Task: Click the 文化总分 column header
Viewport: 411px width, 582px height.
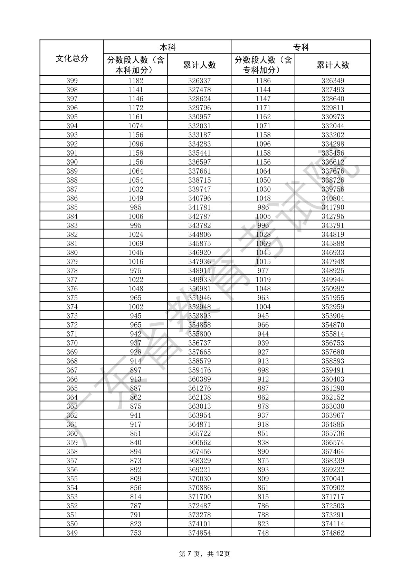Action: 72,58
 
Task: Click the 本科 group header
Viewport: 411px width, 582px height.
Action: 168,47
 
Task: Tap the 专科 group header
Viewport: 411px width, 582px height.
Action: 301,47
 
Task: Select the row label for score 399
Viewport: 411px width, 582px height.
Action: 72,81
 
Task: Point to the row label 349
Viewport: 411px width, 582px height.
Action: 72,533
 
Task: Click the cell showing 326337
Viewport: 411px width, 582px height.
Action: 199,81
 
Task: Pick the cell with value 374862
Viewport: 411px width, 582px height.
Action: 333,533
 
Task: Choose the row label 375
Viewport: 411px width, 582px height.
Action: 72,298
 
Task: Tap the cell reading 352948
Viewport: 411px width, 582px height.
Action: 199,307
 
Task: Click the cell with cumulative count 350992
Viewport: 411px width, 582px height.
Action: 333,289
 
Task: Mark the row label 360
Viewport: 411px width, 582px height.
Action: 72,434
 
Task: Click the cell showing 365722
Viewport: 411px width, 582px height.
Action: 199,434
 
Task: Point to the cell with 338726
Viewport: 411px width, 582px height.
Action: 333,180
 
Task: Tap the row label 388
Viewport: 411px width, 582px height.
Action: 72,180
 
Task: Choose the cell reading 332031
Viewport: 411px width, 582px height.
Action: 199,126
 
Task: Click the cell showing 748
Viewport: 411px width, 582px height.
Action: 263,533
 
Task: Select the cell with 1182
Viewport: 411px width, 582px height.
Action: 135,81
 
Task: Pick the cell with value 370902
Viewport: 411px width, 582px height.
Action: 333,488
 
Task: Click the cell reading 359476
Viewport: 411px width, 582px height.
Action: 199,370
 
